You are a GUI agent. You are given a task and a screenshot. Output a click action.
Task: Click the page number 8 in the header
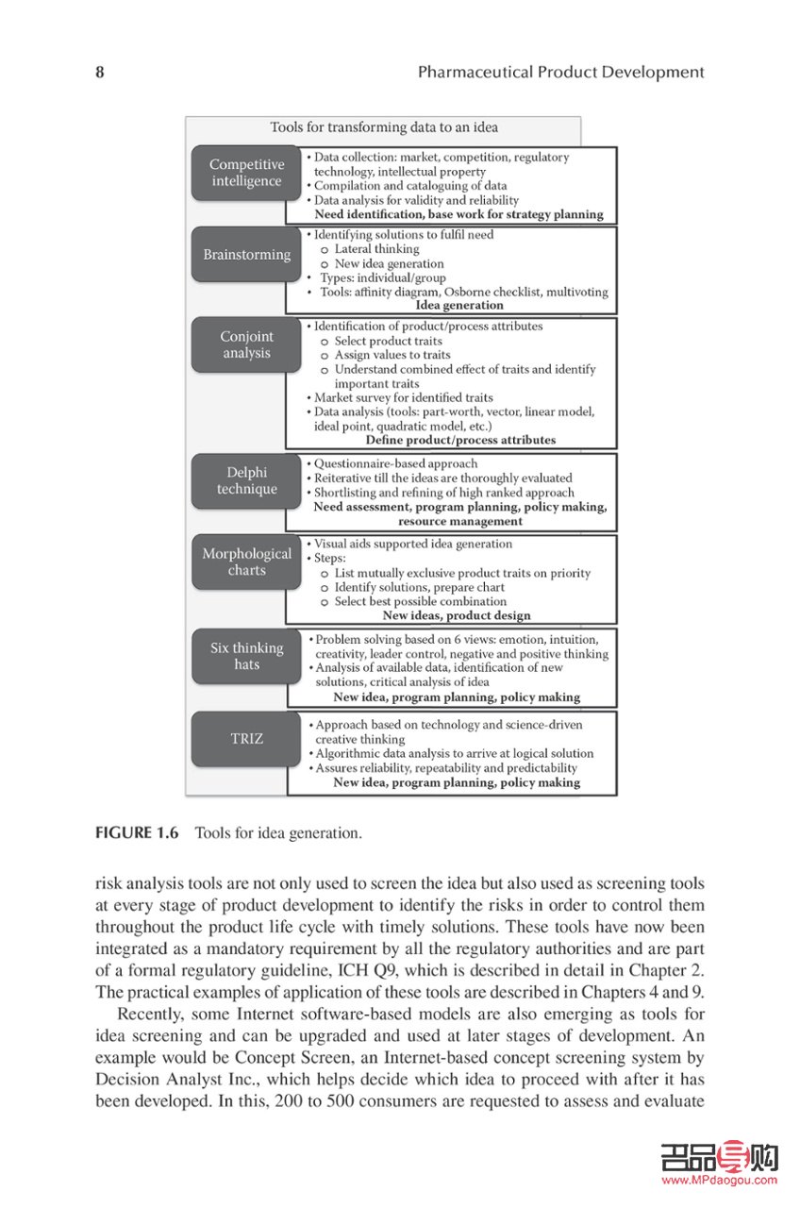click(100, 73)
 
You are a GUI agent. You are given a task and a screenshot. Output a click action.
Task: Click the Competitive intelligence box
click(246, 173)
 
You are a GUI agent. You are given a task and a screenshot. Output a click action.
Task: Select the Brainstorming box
click(246, 255)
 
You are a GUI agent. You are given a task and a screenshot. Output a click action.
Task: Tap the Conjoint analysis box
click(246, 344)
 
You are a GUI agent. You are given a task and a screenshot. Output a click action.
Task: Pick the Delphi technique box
click(246, 480)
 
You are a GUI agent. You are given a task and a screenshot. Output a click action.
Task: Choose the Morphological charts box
click(246, 562)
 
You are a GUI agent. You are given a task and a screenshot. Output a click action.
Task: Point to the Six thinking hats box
click(246, 656)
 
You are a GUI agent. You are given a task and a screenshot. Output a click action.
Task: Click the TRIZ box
click(246, 739)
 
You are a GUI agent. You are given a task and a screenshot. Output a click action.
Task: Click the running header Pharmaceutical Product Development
click(560, 73)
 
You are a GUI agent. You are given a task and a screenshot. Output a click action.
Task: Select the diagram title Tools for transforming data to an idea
click(384, 127)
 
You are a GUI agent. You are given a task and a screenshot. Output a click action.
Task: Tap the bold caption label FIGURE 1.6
click(138, 833)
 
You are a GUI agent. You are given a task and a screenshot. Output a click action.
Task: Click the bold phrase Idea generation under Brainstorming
click(459, 306)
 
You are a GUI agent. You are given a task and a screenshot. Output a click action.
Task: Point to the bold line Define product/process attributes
click(460, 440)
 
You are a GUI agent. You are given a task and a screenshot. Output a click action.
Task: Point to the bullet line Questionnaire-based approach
click(395, 464)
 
